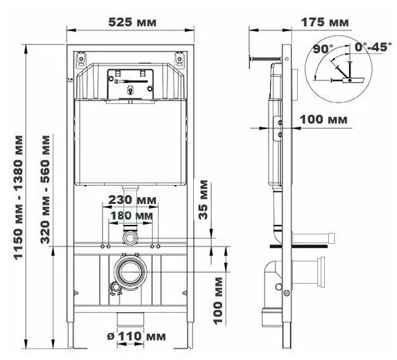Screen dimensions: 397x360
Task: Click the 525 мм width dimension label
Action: point(132,22)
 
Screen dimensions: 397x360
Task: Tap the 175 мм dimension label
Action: point(325,22)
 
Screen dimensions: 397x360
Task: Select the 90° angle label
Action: point(323,49)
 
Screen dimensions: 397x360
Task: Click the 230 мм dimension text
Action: point(132,200)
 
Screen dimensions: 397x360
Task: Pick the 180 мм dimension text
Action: point(132,215)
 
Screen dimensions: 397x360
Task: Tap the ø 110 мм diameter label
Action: point(136,336)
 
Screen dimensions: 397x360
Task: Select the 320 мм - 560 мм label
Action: point(45,190)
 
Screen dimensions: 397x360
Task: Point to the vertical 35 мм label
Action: point(203,199)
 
